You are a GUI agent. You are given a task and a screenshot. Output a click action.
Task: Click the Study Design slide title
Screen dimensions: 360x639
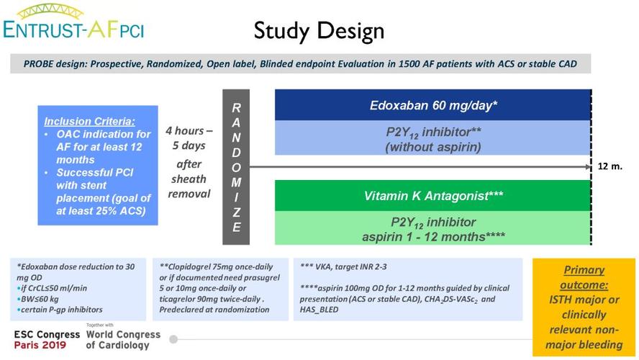319,30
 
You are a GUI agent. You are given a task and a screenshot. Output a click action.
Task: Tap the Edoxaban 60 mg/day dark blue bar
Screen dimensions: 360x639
432,105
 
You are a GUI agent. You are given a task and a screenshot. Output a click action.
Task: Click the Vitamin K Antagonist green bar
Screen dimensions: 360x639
432,194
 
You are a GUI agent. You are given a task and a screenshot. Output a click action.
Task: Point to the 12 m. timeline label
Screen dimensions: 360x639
610,166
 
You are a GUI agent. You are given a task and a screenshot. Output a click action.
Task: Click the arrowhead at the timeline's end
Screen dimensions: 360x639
588,166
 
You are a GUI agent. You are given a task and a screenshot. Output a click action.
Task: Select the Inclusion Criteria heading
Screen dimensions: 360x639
89,121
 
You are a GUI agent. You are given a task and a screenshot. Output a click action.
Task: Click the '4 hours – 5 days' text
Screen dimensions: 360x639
189,138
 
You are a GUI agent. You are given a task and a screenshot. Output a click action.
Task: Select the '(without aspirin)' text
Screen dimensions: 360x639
432,148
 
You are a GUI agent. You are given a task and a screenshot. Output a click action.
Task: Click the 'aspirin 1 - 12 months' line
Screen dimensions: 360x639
432,235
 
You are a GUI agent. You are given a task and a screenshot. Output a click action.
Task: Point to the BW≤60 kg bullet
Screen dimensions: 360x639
43,299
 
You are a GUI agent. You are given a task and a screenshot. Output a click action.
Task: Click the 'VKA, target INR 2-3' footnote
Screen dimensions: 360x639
349,266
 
